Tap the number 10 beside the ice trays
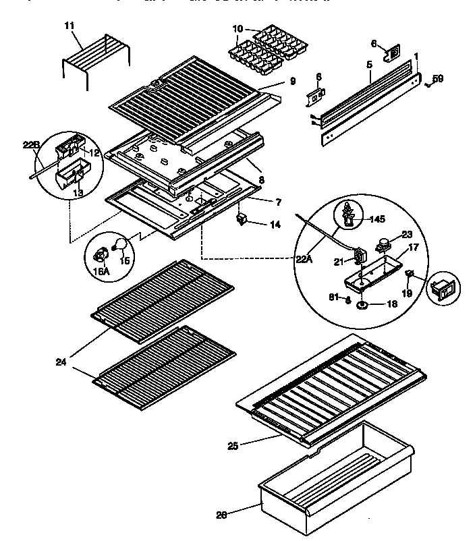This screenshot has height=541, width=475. (x=237, y=29)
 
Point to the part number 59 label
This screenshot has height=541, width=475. (x=438, y=80)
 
